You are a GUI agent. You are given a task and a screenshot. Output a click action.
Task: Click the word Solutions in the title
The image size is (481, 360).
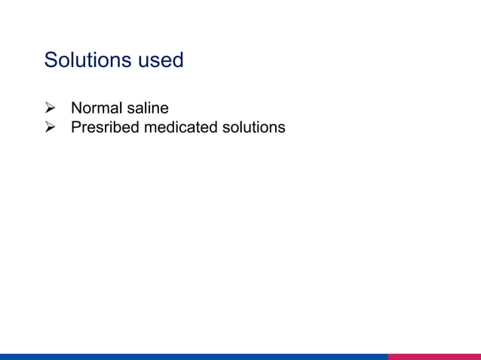(x=87, y=60)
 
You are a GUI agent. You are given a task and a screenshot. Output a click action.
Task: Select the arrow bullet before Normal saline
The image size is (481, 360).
(x=51, y=108)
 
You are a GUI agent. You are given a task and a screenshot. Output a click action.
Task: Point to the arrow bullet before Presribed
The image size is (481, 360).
(x=51, y=127)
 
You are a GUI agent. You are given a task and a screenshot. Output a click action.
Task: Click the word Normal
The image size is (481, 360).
(x=96, y=108)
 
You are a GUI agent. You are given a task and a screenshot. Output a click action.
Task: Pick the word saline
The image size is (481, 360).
(x=147, y=108)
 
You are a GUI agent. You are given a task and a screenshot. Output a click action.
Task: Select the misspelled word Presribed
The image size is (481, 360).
(x=105, y=127)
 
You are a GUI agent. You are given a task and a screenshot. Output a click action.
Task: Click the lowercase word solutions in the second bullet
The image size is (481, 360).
(x=253, y=127)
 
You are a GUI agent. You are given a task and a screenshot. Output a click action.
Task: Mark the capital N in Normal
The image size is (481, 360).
(x=76, y=108)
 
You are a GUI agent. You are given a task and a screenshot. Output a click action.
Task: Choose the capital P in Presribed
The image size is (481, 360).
(x=75, y=127)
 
